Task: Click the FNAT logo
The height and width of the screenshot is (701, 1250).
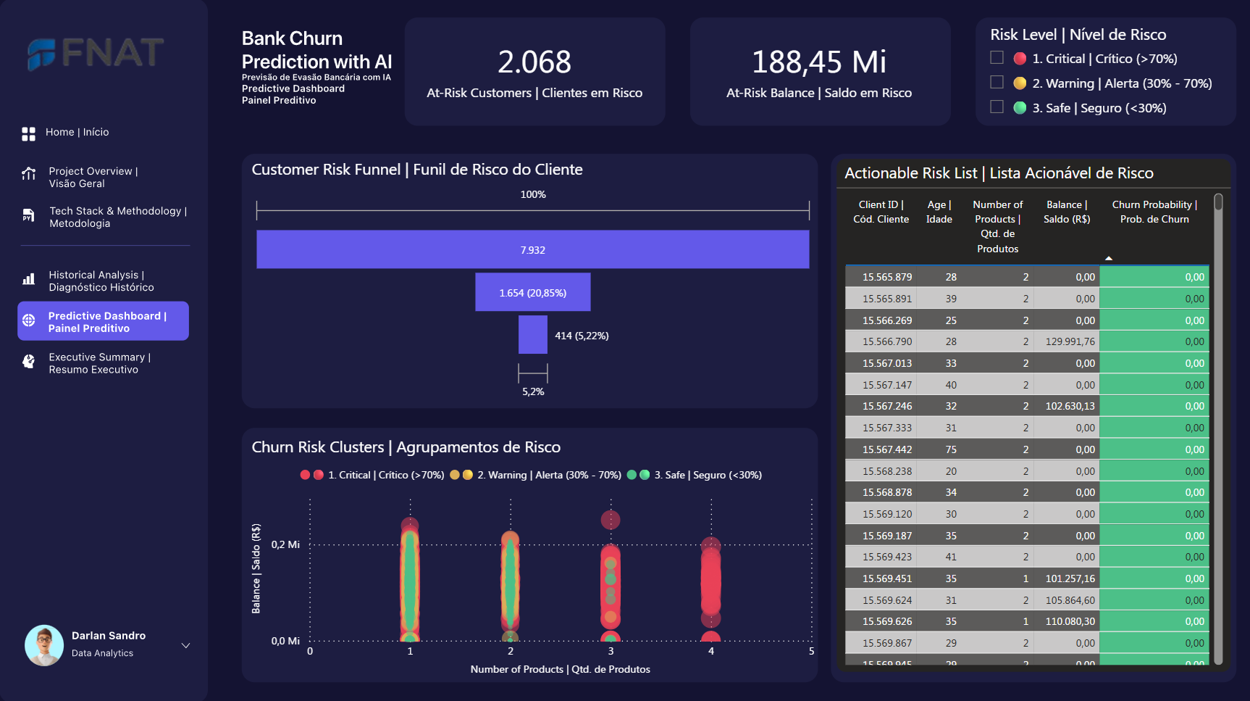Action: [x=96, y=53]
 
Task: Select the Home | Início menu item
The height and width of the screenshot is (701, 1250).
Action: [x=77, y=132]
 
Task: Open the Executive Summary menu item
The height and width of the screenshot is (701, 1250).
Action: [x=99, y=363]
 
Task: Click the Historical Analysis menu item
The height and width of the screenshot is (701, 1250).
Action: [x=101, y=281]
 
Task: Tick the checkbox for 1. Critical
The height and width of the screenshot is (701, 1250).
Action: [x=997, y=58]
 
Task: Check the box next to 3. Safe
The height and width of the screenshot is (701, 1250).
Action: [x=997, y=107]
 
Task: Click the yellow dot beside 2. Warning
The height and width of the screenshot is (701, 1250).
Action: [x=1020, y=83]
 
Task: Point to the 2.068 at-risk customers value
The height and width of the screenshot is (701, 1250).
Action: [x=534, y=62]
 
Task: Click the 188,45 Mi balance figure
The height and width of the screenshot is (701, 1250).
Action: [x=819, y=62]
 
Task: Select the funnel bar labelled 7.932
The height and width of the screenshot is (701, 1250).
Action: [x=532, y=249]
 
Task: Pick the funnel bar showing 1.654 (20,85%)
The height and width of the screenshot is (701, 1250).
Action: [x=532, y=292]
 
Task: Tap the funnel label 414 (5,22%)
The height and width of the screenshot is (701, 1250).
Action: [x=582, y=336]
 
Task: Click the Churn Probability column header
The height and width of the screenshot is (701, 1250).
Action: [x=1154, y=212]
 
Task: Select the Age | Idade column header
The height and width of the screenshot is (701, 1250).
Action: [x=939, y=212]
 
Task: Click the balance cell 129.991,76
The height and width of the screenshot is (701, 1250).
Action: [x=1070, y=341]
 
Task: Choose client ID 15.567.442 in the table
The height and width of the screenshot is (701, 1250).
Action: [x=887, y=449]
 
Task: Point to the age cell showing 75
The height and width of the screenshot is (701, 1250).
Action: [x=951, y=449]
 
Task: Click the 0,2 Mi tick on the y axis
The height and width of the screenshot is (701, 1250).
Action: [x=285, y=544]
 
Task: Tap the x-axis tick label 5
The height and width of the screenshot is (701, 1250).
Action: [x=811, y=651]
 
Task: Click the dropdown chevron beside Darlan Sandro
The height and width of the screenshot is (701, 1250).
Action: [x=185, y=645]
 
